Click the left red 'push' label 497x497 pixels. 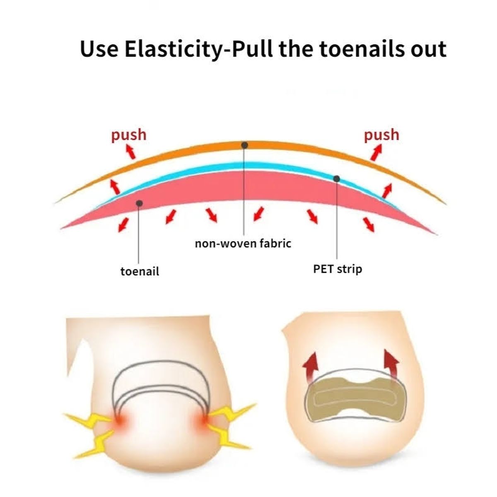coord(128,135)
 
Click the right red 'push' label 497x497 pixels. coord(381,135)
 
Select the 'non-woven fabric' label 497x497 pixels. coord(243,243)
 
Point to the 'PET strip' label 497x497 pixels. coord(338,269)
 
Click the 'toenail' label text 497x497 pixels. coord(140,271)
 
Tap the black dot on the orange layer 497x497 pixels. coord(245,145)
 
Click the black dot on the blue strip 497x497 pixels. coord(337,179)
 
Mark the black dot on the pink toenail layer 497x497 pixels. coord(140,203)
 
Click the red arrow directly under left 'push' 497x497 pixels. coord(131,152)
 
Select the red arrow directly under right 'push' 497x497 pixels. coord(376,153)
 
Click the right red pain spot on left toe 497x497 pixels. coord(203,420)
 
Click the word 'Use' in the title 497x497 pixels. coord(99,49)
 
